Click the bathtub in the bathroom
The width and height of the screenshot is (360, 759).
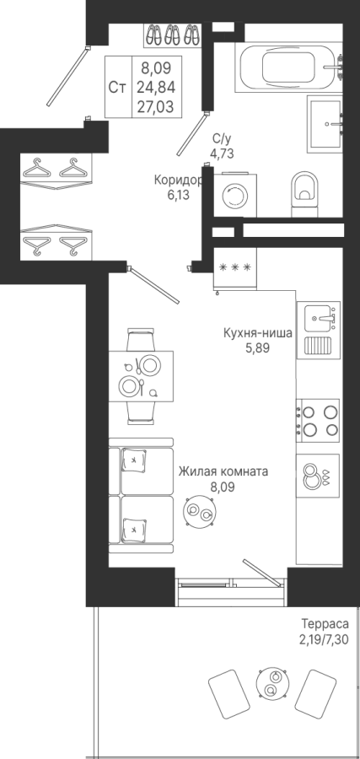tap(289, 67)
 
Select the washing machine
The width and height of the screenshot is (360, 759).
tap(236, 195)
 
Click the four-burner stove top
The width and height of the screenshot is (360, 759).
tap(319, 420)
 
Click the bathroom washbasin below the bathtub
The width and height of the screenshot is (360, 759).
tap(325, 124)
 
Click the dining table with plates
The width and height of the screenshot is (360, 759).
tap(141, 375)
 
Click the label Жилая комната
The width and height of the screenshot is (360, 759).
tap(223, 471)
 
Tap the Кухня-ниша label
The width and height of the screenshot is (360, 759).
tap(257, 333)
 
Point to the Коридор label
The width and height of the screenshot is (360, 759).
tap(177, 180)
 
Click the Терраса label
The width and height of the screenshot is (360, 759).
tap(325, 623)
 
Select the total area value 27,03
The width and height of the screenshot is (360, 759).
tap(156, 106)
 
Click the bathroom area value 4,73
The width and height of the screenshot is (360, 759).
tap(222, 154)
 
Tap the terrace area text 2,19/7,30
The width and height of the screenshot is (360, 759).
tap(323, 638)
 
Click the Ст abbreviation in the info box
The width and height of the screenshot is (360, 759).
tap(117, 88)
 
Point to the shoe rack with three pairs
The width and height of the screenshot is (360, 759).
tap(173, 35)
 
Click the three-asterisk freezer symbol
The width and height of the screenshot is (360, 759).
tap(235, 266)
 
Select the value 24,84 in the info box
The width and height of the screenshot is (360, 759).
tap(156, 88)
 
